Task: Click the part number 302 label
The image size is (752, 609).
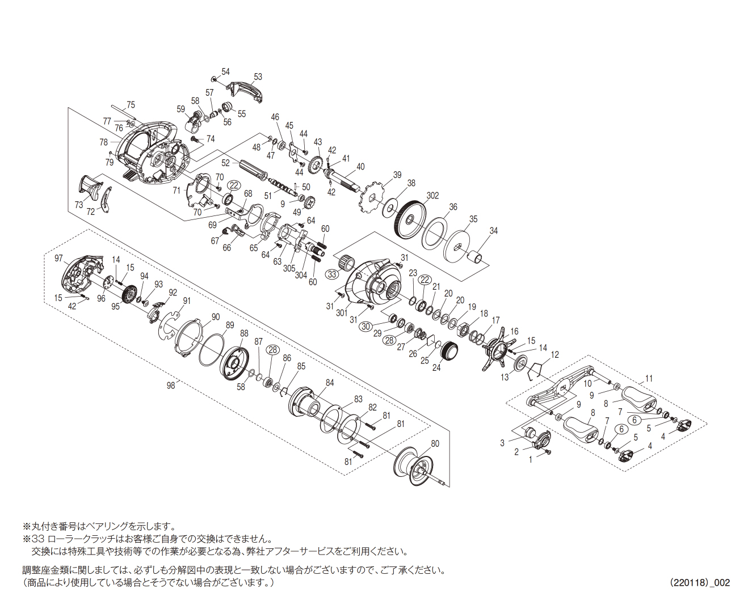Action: [432, 196]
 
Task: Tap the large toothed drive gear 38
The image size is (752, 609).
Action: [408, 220]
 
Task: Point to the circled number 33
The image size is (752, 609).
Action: [333, 274]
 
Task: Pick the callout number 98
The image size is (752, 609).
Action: [171, 385]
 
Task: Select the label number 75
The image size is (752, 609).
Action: [131, 105]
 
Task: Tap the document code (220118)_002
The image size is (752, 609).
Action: [699, 582]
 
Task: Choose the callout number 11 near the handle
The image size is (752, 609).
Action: [649, 378]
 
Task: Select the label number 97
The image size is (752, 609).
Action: [59, 259]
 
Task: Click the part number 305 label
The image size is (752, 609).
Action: [289, 269]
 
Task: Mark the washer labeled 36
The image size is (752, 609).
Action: [436, 232]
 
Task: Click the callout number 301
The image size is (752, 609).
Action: [342, 312]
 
